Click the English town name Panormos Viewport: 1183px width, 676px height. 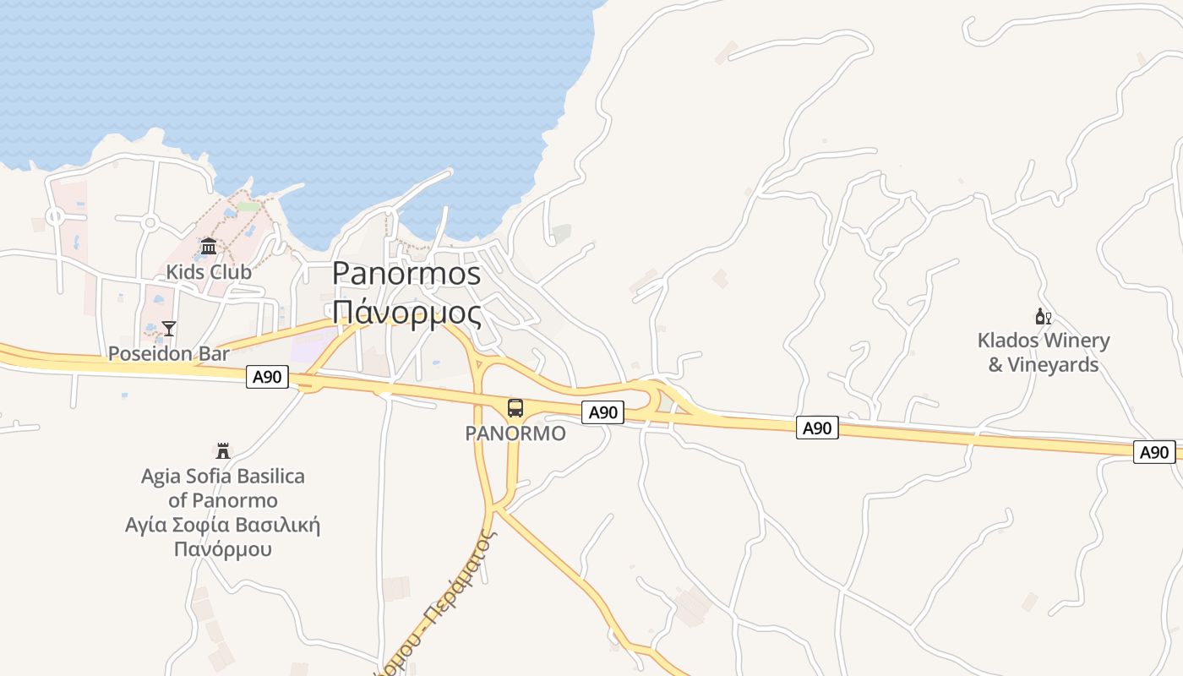click(406, 274)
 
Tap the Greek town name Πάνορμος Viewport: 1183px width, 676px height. click(406, 313)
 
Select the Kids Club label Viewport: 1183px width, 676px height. click(209, 272)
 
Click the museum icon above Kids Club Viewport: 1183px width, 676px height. click(209, 247)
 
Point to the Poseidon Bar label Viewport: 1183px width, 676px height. click(169, 353)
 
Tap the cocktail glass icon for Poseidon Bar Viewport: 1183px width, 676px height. click(169, 329)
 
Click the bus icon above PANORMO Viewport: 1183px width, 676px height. click(515, 409)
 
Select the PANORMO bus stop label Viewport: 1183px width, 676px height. click(515, 433)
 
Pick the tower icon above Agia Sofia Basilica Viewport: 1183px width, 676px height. click(223, 451)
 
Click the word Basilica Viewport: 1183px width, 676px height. click(270, 477)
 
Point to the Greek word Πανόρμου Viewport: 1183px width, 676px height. click(223, 549)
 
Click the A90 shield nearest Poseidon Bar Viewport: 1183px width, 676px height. click(268, 377)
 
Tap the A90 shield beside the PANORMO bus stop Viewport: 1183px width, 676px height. click(603, 412)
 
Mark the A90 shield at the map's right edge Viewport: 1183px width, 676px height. click(1154, 452)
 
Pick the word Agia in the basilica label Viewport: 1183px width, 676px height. click(161, 477)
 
